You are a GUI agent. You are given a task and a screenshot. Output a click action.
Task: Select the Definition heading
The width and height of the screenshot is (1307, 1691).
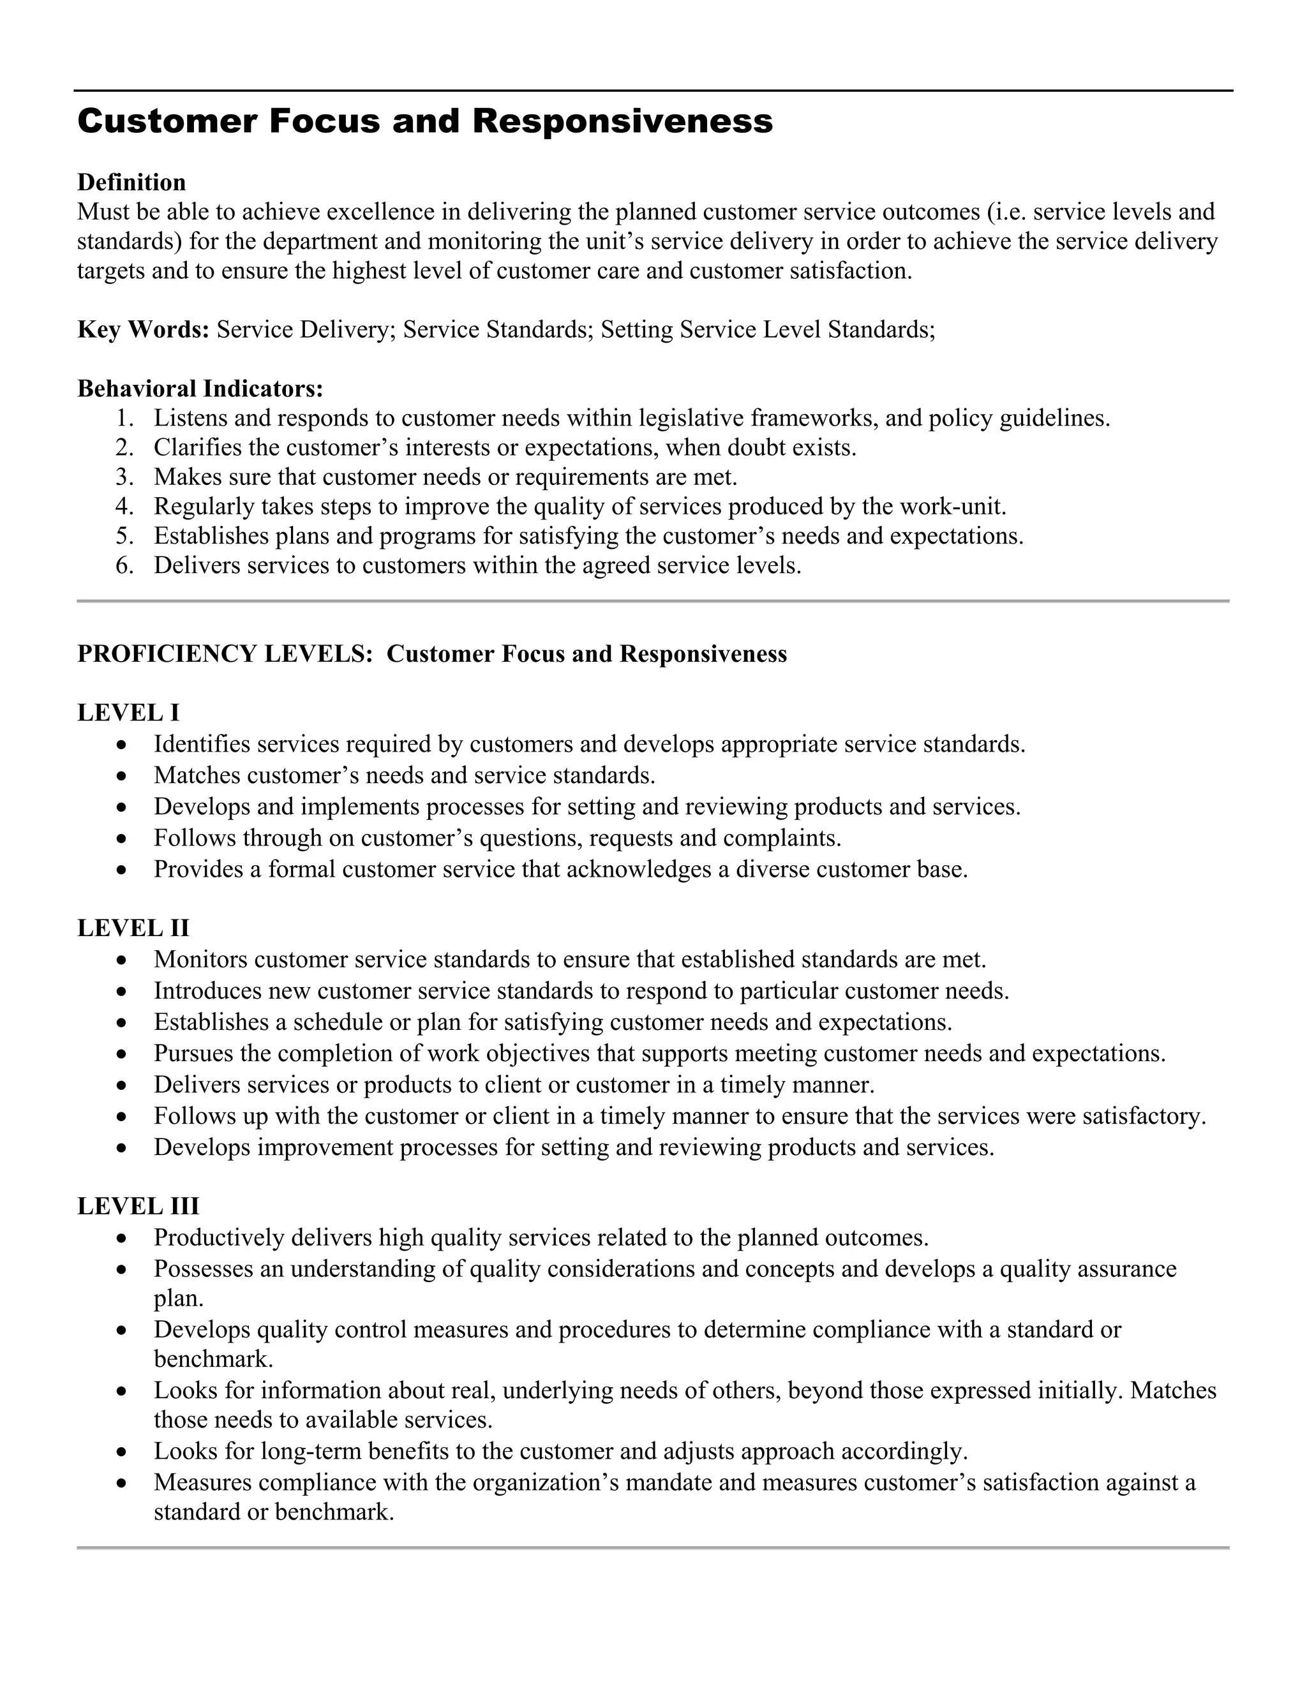point(131,183)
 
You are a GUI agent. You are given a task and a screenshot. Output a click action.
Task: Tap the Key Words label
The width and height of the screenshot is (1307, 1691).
point(143,330)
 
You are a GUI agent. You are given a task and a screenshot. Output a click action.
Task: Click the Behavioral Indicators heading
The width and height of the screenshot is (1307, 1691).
point(200,389)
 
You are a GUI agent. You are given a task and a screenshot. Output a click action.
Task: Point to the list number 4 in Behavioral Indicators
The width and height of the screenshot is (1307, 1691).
point(123,507)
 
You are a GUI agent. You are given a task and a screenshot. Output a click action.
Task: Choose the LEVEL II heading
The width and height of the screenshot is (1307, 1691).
point(133,928)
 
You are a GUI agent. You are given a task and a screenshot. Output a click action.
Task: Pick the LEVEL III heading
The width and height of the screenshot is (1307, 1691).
point(138,1206)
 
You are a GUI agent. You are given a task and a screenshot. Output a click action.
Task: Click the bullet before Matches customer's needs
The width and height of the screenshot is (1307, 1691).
point(121,776)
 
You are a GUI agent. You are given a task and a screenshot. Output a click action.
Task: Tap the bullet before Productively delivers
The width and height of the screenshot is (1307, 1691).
point(121,1239)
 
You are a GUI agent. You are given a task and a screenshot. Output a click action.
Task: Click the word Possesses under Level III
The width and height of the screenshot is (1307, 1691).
point(204,1269)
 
